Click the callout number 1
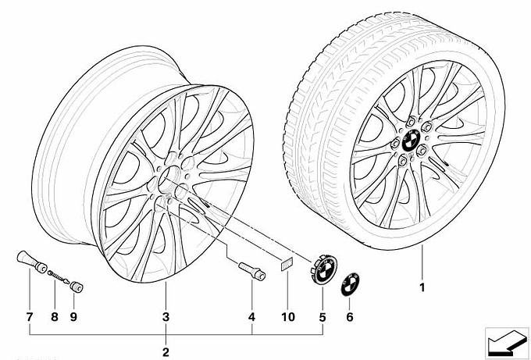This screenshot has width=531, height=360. point(422,287)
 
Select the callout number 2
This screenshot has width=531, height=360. point(166,352)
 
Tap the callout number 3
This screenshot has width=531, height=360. point(166,317)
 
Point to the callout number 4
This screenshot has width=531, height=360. point(251,317)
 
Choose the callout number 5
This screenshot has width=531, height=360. point(323,317)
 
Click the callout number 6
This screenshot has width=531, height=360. point(350,317)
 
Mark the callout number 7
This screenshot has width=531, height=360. point(30,317)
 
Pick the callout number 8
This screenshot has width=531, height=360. point(55,317)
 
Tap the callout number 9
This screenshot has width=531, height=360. point(73,317)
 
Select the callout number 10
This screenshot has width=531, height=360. point(288,317)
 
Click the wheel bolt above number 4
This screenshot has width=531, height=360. point(252,271)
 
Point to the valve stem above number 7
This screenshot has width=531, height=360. point(32,262)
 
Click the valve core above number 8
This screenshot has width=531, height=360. point(59,276)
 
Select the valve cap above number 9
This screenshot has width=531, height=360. point(77,287)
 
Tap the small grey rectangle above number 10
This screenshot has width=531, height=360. point(287,263)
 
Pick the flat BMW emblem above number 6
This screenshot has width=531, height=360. point(350,284)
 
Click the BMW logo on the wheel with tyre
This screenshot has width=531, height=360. point(411,141)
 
